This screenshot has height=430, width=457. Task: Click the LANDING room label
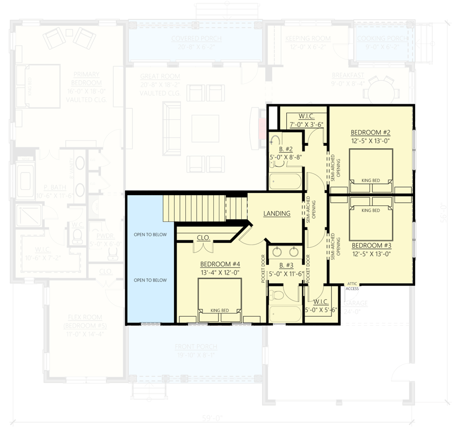pyautogui.click(x=277, y=213)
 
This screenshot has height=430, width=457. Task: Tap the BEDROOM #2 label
pyautogui.click(x=370, y=132)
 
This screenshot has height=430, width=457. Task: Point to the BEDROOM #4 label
pyautogui.click(x=219, y=264)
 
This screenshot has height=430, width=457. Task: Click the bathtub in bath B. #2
pyautogui.click(x=286, y=181)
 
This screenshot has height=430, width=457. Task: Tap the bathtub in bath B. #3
pyautogui.click(x=285, y=313)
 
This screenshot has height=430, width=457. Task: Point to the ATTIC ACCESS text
pyautogui.click(x=352, y=286)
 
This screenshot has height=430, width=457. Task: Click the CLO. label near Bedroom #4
pyautogui.click(x=203, y=236)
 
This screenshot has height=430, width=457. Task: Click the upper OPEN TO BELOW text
pyautogui.click(x=150, y=235)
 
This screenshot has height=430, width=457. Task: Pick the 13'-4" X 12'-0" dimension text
pyautogui.click(x=219, y=272)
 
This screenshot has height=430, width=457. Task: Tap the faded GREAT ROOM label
pyautogui.click(x=160, y=77)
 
